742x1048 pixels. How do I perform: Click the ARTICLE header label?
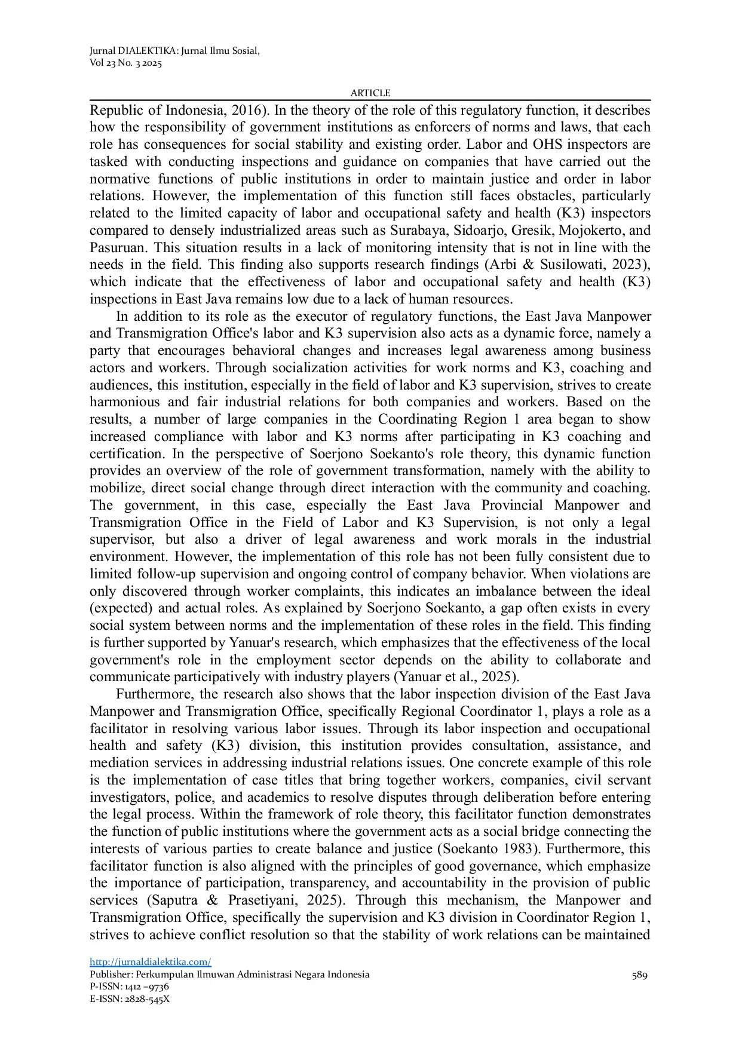[x=370, y=93]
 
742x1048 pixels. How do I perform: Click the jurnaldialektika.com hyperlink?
[x=150, y=962]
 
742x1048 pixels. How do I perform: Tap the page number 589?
[x=639, y=975]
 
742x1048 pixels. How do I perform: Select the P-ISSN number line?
[x=129, y=986]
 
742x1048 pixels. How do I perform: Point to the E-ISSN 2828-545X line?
[x=130, y=998]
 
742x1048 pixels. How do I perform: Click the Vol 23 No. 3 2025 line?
[x=125, y=63]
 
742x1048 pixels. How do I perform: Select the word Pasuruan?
[x=116, y=248]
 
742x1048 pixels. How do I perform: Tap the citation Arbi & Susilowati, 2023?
[x=568, y=265]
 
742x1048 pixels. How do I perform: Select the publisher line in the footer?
[x=229, y=975]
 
